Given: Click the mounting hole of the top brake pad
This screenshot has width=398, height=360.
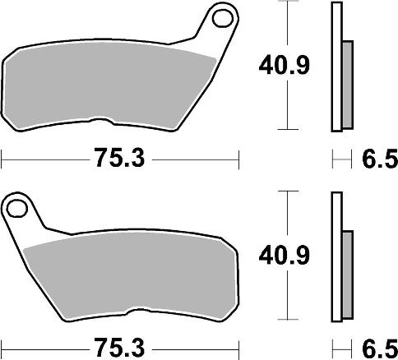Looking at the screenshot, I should point(220,16).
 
